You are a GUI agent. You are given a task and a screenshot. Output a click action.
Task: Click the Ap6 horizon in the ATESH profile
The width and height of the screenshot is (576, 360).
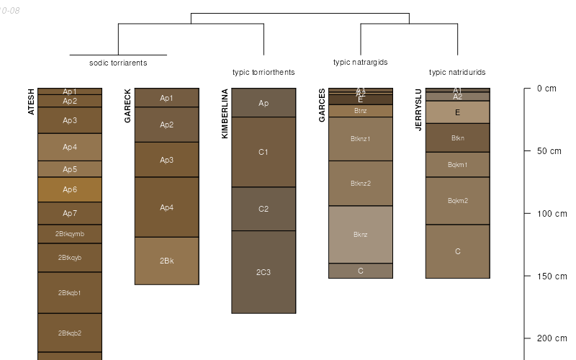[x=70, y=189]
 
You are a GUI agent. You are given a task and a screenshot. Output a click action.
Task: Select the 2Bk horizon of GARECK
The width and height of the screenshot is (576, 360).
[x=166, y=261]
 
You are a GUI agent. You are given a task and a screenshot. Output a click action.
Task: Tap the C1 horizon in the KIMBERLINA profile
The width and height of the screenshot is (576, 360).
[x=264, y=152]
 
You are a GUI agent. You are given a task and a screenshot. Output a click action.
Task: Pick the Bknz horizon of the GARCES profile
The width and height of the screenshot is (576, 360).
[x=361, y=234]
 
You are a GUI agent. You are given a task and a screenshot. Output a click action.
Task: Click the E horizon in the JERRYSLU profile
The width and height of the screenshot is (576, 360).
[x=457, y=112]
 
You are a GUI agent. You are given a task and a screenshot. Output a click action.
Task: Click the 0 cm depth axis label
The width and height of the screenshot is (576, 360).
[x=546, y=89]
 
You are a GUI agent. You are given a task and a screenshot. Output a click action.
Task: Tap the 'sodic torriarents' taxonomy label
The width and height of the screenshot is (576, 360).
[x=118, y=63]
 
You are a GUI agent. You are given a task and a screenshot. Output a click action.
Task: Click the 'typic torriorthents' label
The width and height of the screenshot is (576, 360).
[x=264, y=72]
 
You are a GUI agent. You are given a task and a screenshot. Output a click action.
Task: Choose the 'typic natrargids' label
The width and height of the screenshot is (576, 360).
[x=361, y=62]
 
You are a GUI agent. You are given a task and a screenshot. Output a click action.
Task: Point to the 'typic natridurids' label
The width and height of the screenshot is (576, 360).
[x=457, y=72]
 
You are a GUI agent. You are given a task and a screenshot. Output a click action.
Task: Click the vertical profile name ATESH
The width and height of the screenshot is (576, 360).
[x=31, y=102]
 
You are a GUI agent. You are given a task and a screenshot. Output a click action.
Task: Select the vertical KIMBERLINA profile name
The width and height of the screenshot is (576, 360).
[x=225, y=114]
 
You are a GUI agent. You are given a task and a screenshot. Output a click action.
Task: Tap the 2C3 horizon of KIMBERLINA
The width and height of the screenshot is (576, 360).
[x=264, y=272]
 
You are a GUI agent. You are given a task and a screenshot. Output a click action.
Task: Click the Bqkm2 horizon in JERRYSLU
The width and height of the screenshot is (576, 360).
[x=457, y=201]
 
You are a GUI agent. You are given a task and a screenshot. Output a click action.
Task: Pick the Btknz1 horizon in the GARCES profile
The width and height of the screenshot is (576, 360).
[x=361, y=139]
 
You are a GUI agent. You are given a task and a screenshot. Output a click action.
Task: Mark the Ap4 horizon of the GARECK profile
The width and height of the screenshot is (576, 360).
[x=166, y=207]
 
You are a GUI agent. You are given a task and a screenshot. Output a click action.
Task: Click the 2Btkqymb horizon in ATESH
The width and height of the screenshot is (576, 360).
[x=70, y=234]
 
